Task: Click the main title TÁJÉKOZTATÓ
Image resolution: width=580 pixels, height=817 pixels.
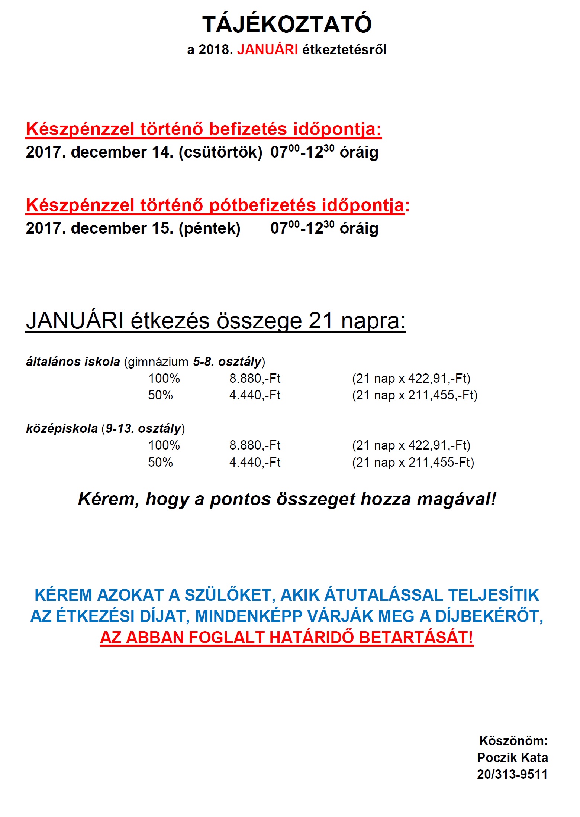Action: click(287, 25)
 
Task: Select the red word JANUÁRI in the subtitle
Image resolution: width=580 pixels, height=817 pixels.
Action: click(267, 49)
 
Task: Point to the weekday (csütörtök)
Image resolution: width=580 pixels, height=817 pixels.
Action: click(220, 152)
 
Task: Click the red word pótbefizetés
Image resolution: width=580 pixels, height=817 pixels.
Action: click(262, 205)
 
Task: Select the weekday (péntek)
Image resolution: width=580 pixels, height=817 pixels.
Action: click(210, 228)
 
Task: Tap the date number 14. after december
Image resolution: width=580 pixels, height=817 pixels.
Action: click(162, 152)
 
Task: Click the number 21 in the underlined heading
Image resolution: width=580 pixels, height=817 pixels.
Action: click(320, 321)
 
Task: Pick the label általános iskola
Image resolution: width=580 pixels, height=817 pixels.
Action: click(73, 362)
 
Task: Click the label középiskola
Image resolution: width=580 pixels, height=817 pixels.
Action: click(62, 428)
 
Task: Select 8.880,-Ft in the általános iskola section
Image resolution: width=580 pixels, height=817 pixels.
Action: click(255, 379)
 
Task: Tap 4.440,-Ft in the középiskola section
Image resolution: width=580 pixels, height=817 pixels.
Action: click(255, 462)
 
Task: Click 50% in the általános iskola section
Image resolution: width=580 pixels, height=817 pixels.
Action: click(160, 395)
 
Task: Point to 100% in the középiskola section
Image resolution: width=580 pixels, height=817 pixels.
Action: click(164, 445)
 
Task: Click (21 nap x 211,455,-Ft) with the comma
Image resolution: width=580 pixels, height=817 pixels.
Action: click(415, 395)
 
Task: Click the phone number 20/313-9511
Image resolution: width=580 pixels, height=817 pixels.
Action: click(512, 774)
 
